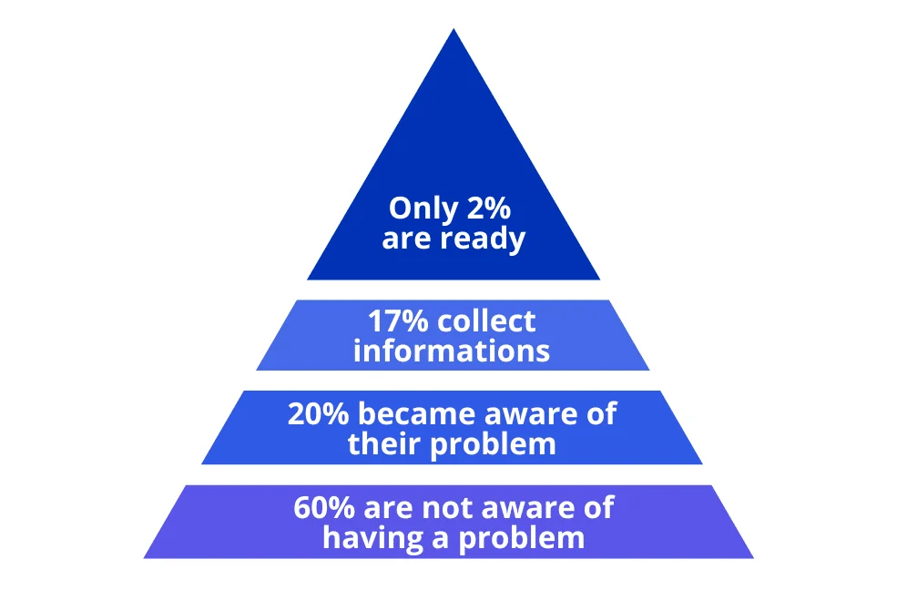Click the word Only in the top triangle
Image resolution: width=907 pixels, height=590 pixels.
[x=423, y=209]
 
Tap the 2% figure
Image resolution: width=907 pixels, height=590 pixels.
[x=489, y=208]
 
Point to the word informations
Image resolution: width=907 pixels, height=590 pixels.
[x=451, y=351]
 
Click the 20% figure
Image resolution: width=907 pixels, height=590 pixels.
[x=319, y=414]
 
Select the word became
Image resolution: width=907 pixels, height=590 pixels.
[x=417, y=413]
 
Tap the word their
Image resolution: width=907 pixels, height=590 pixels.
[x=385, y=443]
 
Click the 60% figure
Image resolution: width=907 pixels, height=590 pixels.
[x=324, y=508]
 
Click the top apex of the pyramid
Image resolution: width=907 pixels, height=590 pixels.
[x=453, y=29]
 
